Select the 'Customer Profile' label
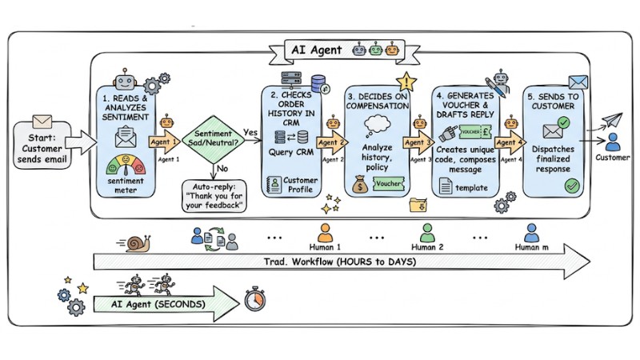[300, 186]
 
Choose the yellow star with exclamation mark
[407, 82]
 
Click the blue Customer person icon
[612, 142]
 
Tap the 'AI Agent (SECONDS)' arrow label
[156, 305]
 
